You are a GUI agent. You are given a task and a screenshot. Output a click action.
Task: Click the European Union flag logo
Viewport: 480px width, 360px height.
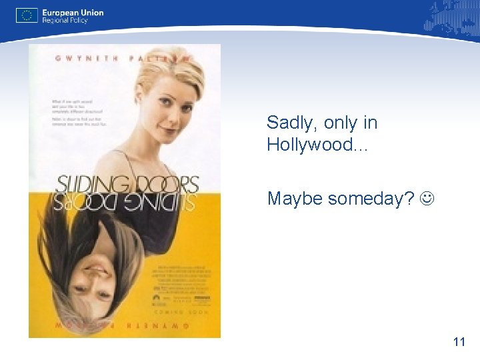tap(27, 15)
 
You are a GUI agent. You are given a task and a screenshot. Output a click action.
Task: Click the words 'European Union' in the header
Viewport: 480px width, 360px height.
tap(73, 12)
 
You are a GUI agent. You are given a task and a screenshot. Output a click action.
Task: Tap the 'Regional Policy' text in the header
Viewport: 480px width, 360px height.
tap(65, 21)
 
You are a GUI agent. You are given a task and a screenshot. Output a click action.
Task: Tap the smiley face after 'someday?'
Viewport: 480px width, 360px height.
tap(425, 198)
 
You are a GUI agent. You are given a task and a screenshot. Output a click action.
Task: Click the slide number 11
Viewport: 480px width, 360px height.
tap(458, 342)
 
